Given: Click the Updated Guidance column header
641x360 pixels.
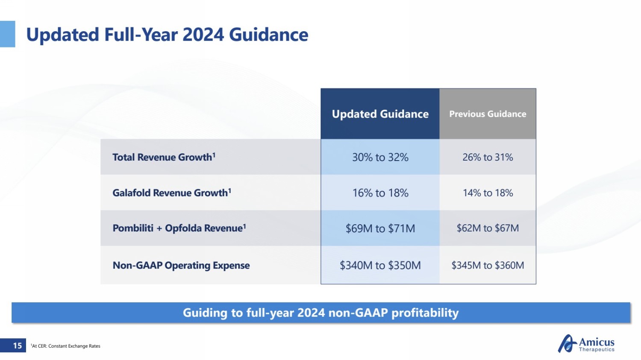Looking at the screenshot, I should click(x=380, y=114).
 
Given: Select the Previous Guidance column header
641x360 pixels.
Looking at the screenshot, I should click(x=488, y=114).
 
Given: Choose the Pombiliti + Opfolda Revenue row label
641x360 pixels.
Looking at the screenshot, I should click(x=179, y=228).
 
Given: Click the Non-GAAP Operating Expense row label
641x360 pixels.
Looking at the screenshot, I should click(x=181, y=265).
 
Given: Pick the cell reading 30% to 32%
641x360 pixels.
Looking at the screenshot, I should click(x=380, y=157).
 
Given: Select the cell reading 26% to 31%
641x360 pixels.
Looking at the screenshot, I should click(x=488, y=157).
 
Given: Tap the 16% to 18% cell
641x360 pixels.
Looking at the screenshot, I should click(x=380, y=193).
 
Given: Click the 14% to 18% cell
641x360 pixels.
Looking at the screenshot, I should click(x=488, y=193).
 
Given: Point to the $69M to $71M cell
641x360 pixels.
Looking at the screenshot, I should click(x=380, y=228).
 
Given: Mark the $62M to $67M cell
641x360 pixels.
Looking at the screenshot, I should click(x=488, y=228).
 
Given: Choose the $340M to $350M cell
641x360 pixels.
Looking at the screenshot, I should click(x=380, y=265).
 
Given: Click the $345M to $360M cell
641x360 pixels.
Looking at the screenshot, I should click(x=488, y=265).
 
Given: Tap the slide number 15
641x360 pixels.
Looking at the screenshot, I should click(x=17, y=345).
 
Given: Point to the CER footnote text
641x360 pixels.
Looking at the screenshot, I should click(x=66, y=346).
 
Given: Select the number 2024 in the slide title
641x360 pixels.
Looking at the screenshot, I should click(x=203, y=35).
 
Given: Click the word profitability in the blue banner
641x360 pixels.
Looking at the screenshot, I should click(x=425, y=313).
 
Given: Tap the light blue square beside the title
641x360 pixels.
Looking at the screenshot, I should click(x=7, y=34).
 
